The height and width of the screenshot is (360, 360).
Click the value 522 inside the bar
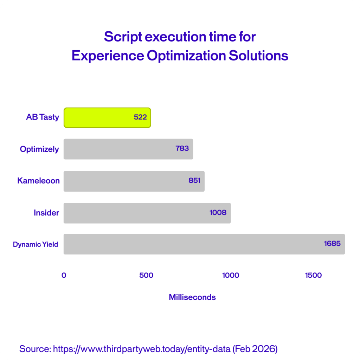pos(140,117)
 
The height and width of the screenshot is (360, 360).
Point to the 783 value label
pos(182,148)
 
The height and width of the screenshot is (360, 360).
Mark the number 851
pos(194,180)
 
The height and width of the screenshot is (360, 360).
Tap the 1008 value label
pos(218,212)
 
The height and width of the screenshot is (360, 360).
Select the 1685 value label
pos(332,243)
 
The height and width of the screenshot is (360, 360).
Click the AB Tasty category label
pos(43,117)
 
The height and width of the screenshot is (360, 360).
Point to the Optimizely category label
pos(39,149)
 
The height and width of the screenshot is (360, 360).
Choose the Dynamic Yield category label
pos(36,244)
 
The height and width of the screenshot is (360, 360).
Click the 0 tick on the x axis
pos(64,275)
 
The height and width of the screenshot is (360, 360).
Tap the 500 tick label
pos(146,275)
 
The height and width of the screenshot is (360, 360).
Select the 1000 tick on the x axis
pos(231,275)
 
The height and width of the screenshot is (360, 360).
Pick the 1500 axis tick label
pos(313,275)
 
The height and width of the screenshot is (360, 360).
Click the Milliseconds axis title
pos(192,297)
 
